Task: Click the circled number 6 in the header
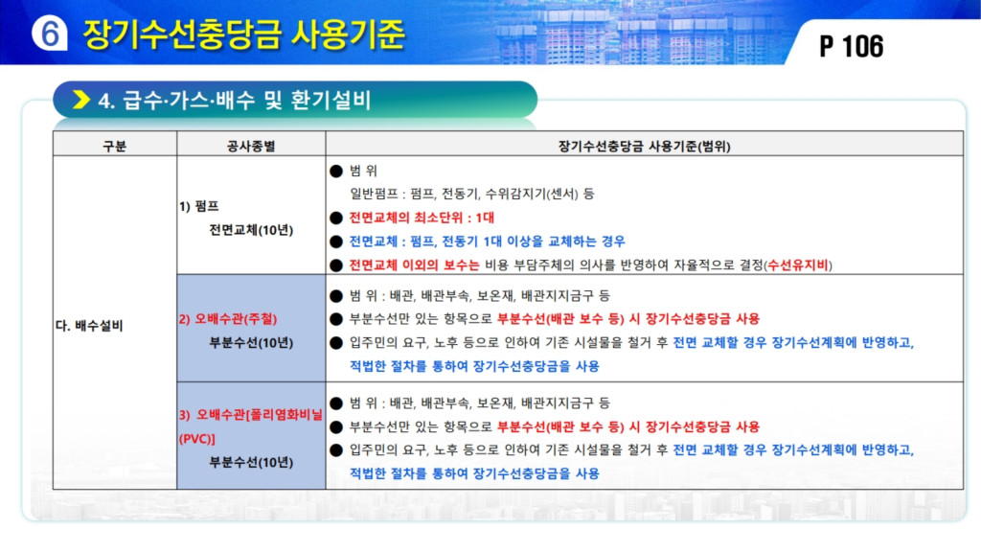tap(50, 33)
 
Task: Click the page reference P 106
tap(851, 46)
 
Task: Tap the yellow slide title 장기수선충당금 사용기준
tap(244, 34)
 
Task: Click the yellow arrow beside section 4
tap(81, 100)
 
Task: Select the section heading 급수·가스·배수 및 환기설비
tap(246, 100)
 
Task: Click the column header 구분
tap(115, 146)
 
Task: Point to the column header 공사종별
tap(251, 146)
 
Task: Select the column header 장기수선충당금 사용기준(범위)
tap(644, 146)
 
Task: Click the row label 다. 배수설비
tap(89, 326)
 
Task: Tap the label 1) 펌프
tap(199, 206)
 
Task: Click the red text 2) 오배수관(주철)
tap(228, 318)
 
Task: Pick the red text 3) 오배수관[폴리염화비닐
tap(250, 414)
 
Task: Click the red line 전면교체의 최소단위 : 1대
tap(422, 218)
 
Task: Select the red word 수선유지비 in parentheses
tap(798, 264)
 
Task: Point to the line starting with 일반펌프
tap(471, 194)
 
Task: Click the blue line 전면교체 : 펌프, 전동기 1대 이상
tap(487, 241)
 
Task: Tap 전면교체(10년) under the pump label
tap(251, 230)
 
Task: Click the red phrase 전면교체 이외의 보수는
tap(414, 264)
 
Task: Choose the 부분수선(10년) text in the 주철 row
tap(251, 342)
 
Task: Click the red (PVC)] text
tap(197, 439)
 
